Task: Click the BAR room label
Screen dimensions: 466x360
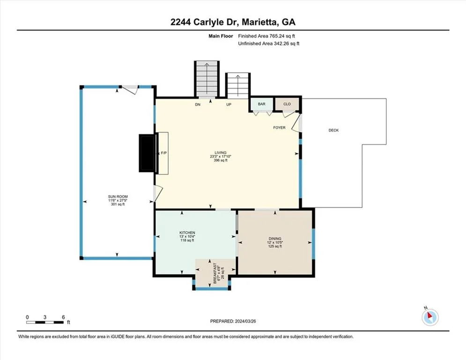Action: (x=261, y=104)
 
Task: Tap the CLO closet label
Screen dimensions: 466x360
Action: (x=287, y=104)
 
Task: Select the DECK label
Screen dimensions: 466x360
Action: (x=333, y=130)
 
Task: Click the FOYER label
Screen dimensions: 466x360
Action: (x=279, y=127)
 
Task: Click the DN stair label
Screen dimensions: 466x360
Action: (x=198, y=105)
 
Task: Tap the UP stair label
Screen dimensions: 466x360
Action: (x=229, y=105)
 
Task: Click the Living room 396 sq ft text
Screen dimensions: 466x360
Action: (x=221, y=160)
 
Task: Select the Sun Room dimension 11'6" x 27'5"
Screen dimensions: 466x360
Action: (x=118, y=201)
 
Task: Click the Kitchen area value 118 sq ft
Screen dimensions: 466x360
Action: (x=187, y=240)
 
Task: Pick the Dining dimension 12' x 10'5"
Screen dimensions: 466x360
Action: (x=275, y=242)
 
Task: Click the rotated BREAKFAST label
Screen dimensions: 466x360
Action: (x=215, y=273)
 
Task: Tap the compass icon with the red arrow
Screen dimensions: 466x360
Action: (x=430, y=317)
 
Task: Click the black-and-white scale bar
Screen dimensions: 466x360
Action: (x=44, y=322)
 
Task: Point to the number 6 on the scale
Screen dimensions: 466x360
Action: (x=63, y=317)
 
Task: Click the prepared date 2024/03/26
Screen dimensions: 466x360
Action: (x=245, y=321)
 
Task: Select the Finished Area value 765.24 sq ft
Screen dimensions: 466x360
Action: (x=282, y=36)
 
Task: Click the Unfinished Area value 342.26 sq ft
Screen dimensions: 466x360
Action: (x=287, y=44)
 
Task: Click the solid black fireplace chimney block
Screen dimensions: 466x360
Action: (x=148, y=153)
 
